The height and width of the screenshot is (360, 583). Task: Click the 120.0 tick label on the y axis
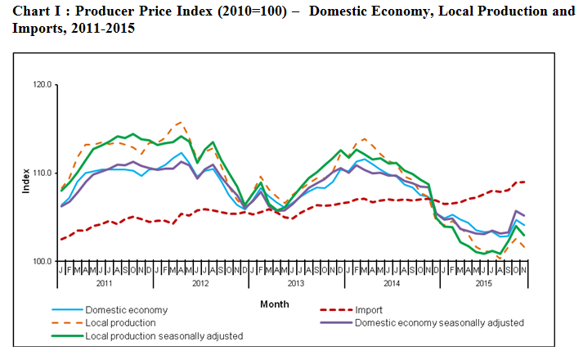click(x=42, y=84)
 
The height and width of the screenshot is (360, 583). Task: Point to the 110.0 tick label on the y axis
click(x=42, y=173)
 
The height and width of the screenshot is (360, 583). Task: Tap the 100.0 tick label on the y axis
click(x=42, y=261)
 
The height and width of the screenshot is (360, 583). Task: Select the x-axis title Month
click(x=274, y=304)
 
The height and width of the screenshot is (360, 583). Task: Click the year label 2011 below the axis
click(x=104, y=283)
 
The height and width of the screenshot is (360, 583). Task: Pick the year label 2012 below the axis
click(x=199, y=283)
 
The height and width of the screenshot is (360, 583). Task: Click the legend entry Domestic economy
click(x=127, y=310)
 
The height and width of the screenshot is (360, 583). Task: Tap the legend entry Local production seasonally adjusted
click(x=164, y=336)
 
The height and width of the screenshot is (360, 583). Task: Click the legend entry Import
click(x=369, y=310)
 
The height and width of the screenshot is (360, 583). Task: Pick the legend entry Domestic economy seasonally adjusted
click(x=440, y=323)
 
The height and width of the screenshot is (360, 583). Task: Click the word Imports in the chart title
click(x=35, y=28)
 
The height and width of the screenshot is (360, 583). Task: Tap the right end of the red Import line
click(x=523, y=182)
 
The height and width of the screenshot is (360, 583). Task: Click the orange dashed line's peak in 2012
click(x=180, y=122)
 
